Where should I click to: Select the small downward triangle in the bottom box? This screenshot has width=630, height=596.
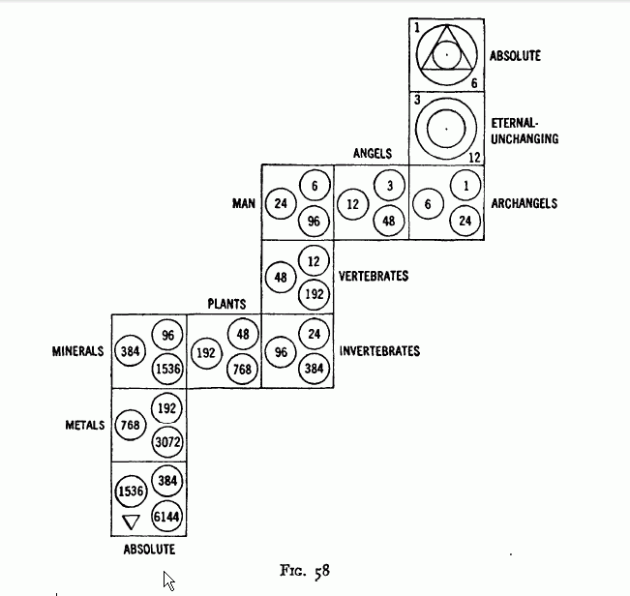click(x=132, y=522)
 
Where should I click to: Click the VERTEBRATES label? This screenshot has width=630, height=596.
click(x=373, y=277)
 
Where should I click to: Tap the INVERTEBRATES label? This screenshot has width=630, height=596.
click(x=379, y=351)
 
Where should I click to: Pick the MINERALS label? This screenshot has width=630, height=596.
click(x=77, y=351)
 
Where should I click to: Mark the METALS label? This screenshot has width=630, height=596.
click(x=82, y=425)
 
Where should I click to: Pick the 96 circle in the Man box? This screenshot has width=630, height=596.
click(x=315, y=220)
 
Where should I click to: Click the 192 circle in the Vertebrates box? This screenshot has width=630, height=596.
click(x=315, y=294)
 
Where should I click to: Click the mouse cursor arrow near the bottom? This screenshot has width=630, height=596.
click(x=168, y=580)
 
